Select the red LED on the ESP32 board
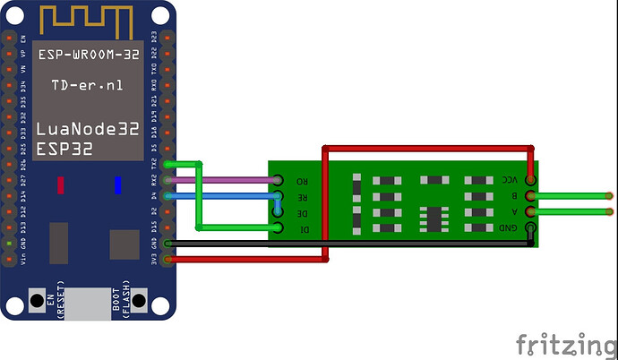pyautogui.click(x=60, y=185)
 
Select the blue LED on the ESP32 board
pyautogui.click(x=117, y=185)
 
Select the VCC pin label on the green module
pyautogui.click(x=511, y=180)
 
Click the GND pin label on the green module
pyautogui.click(x=511, y=229)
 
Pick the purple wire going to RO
pyautogui.click(x=233, y=179)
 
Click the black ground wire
pyautogui.click(x=349, y=243)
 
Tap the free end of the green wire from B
pyautogui.click(x=609, y=195)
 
